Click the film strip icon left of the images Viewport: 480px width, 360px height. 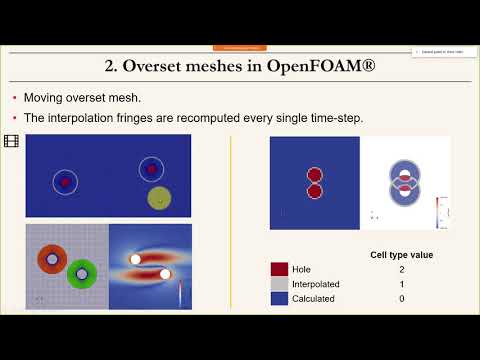(x=11, y=142)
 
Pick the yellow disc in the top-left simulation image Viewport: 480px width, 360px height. (x=158, y=197)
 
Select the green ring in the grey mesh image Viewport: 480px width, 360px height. (x=82, y=273)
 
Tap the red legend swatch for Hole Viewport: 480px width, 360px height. (x=279, y=269)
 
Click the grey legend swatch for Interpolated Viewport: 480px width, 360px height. (x=279, y=283)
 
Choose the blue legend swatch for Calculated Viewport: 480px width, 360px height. (x=279, y=297)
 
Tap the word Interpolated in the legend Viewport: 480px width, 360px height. (x=319, y=283)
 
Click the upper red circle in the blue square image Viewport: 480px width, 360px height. (x=314, y=174)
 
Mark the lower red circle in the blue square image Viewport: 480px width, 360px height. (x=314, y=190)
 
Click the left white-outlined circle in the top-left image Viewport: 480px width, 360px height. (x=65, y=182)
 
